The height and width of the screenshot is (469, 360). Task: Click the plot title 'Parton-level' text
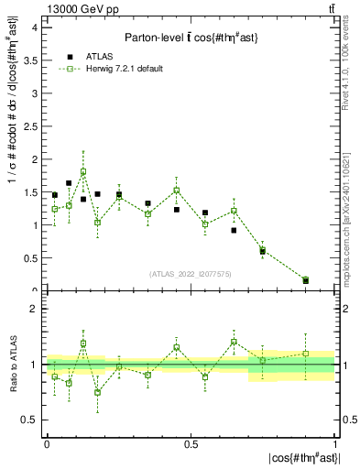(x=153, y=37)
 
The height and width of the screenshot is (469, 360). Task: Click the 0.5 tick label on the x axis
(x=191, y=442)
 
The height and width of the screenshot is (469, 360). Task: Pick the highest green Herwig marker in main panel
(x=83, y=171)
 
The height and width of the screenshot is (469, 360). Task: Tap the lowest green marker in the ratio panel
(x=98, y=393)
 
